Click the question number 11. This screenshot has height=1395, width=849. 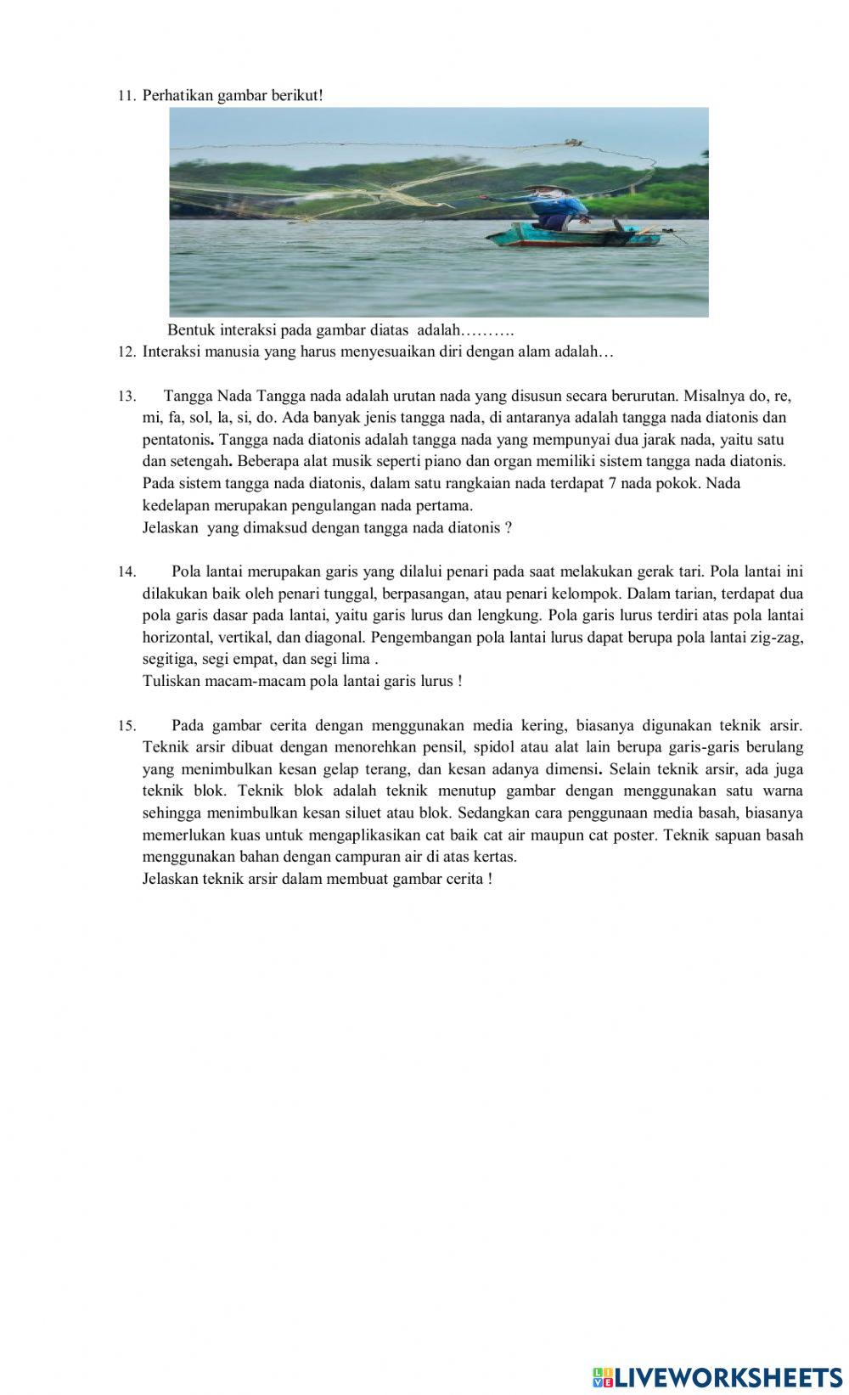click(x=126, y=96)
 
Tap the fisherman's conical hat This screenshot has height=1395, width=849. click(x=539, y=188)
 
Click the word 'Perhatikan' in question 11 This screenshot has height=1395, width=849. click(x=177, y=95)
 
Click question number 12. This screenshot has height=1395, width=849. click(x=126, y=352)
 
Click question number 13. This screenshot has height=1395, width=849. click(x=126, y=397)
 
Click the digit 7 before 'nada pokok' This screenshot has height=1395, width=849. click(x=612, y=483)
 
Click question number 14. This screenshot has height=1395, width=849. click(x=126, y=572)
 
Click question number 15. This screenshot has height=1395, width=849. click(x=126, y=726)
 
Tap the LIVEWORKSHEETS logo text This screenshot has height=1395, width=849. click(x=727, y=1377)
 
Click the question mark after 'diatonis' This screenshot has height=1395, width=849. click(x=508, y=527)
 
